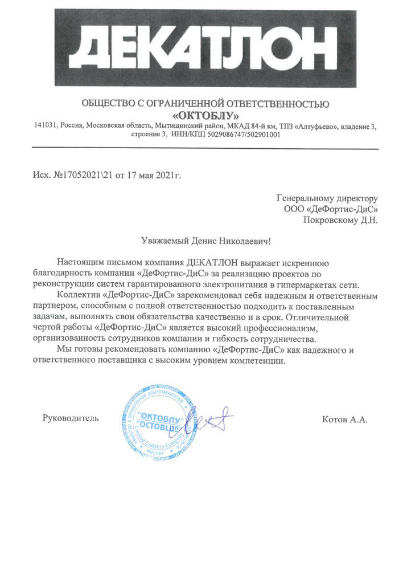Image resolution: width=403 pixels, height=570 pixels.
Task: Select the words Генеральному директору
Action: pos(327,198)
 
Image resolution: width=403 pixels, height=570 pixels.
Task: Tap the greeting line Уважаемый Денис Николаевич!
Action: pos(206,241)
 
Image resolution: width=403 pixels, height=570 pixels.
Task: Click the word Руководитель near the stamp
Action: pos(71,418)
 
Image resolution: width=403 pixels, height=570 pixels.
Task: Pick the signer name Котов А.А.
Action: pos(344,420)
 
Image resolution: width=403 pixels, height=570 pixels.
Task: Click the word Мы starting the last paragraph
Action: pos(65,350)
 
